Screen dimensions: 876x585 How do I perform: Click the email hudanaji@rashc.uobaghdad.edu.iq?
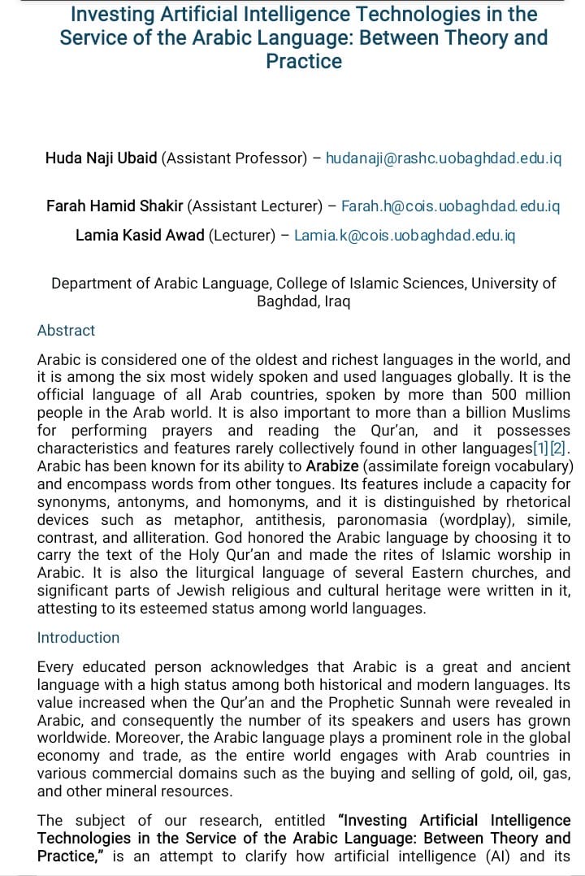click(444, 158)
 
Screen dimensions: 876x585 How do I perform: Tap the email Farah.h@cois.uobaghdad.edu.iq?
click(451, 206)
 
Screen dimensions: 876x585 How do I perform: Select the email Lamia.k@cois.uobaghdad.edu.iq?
click(405, 236)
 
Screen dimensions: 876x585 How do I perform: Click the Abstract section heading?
click(66, 331)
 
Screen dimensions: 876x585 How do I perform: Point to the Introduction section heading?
click(78, 638)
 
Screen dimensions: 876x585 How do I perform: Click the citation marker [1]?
click(540, 449)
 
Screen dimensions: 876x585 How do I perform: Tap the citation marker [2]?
click(558, 449)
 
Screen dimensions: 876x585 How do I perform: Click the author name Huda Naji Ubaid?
click(102, 158)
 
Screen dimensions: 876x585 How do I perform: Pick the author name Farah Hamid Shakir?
click(115, 206)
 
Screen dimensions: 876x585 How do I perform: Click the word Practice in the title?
click(304, 62)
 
